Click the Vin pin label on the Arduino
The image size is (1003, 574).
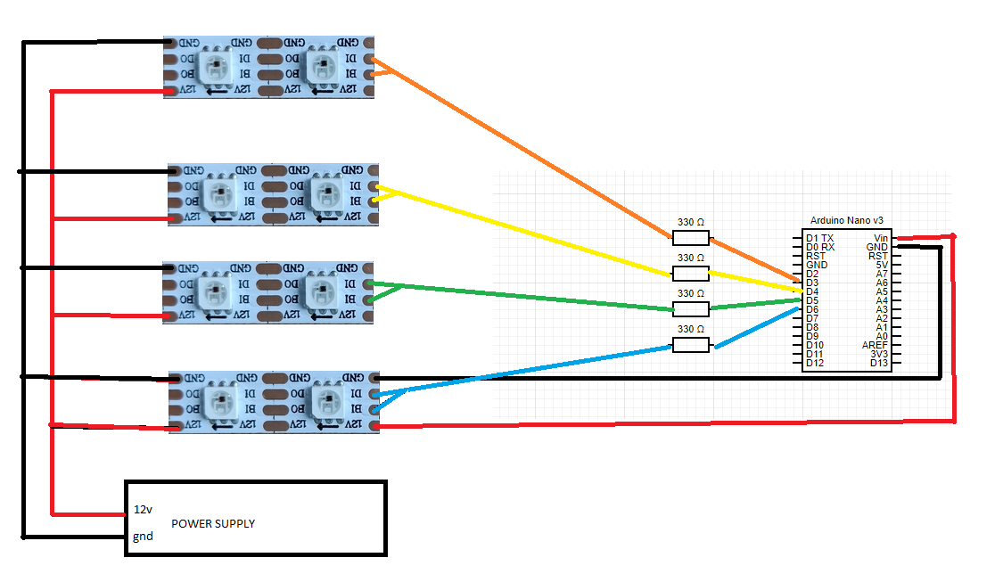(x=882, y=238)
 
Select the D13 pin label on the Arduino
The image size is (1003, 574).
(x=879, y=363)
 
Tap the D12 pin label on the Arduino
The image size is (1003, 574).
(x=815, y=363)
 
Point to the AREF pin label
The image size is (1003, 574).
(x=875, y=345)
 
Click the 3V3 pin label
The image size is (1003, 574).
(x=879, y=354)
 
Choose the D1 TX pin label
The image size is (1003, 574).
(x=819, y=238)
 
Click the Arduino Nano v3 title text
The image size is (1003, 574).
(x=846, y=220)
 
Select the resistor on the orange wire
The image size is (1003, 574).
(x=690, y=238)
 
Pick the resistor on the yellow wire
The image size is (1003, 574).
(x=690, y=274)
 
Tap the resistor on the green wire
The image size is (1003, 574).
(x=690, y=309)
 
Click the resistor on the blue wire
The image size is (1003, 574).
(x=690, y=345)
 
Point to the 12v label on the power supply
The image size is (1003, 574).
(x=143, y=510)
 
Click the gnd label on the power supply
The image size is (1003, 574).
(x=143, y=537)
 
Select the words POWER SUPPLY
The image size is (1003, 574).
(x=213, y=523)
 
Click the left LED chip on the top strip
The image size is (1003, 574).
(x=214, y=66)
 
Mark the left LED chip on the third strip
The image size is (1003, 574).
(x=212, y=291)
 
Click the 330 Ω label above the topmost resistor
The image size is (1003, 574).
(x=690, y=222)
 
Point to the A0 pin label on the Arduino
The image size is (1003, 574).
(x=882, y=336)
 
